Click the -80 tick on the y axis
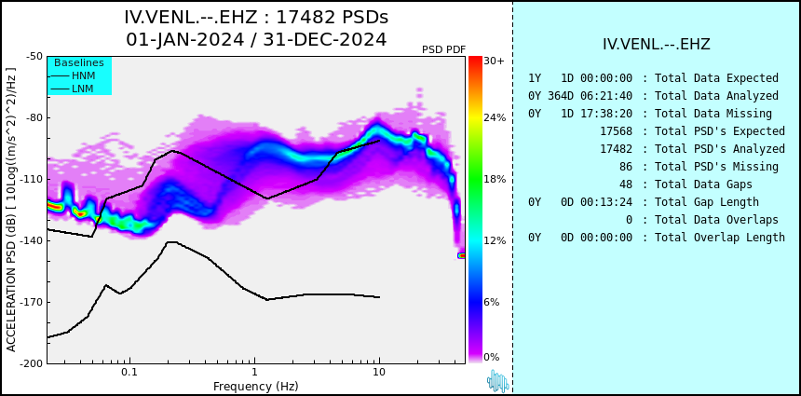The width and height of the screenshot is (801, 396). pyautogui.click(x=34, y=118)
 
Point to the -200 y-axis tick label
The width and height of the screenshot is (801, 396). pyautogui.click(x=32, y=363)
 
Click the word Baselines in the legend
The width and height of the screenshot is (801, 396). pyautogui.click(x=79, y=62)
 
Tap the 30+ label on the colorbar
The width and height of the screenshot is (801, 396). pyautogui.click(x=494, y=61)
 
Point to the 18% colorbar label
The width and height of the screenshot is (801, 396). pyautogui.click(x=495, y=179)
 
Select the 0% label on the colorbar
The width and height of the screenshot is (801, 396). pyautogui.click(x=492, y=357)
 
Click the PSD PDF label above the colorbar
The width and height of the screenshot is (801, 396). pyautogui.click(x=443, y=49)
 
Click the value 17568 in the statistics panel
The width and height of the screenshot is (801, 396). pyautogui.click(x=616, y=131)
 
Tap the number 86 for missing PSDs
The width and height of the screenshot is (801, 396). pyautogui.click(x=626, y=167)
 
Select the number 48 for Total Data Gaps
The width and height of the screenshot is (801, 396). pyautogui.click(x=626, y=184)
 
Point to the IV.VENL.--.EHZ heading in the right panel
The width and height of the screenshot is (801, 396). pyautogui.click(x=657, y=44)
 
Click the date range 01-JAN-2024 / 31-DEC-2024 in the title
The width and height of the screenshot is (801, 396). pyautogui.click(x=256, y=39)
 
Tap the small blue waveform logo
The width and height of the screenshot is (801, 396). pyautogui.click(x=497, y=381)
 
